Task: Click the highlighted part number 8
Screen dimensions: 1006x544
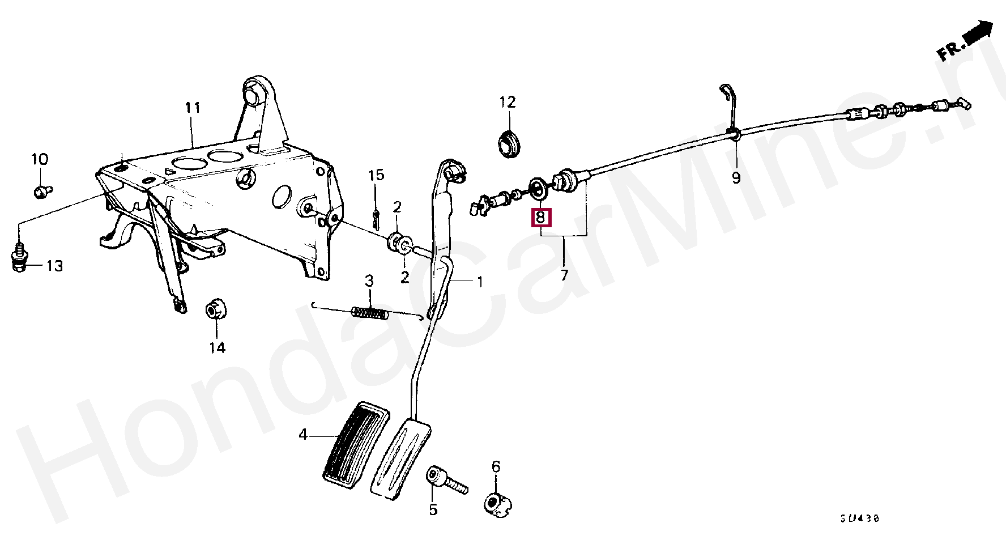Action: click(540, 217)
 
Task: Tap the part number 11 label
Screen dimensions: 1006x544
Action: click(193, 108)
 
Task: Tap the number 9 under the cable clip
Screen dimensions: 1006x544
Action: click(736, 178)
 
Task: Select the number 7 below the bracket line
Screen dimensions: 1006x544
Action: click(564, 275)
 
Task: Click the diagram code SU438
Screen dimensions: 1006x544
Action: click(860, 519)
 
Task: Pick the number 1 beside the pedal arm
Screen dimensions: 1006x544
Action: click(480, 281)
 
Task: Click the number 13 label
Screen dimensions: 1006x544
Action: click(54, 266)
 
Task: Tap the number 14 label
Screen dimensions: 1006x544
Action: click(218, 347)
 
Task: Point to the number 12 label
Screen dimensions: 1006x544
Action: click(508, 103)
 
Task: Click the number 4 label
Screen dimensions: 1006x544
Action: click(303, 435)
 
